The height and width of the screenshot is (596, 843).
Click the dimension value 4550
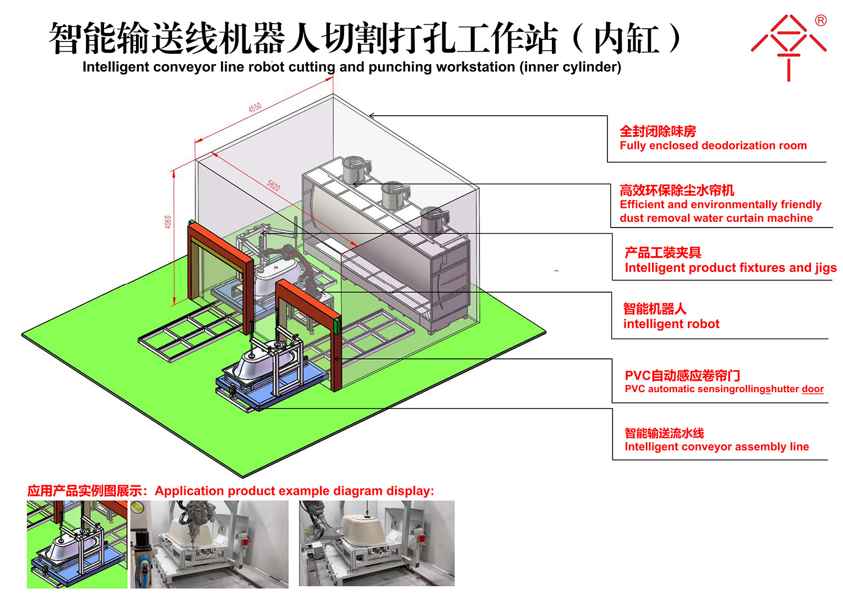(x=255, y=108)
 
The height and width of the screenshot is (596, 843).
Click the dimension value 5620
(x=274, y=185)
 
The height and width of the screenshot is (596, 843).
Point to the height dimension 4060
(x=168, y=222)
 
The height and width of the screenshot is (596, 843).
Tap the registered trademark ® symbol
(x=821, y=20)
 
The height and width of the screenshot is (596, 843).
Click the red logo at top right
(x=789, y=48)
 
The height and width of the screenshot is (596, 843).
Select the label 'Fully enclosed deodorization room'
(x=713, y=145)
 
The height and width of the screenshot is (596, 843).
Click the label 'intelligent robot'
(x=671, y=324)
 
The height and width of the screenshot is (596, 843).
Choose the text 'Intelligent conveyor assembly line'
(x=717, y=446)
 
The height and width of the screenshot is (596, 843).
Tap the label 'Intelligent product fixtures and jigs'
(x=731, y=267)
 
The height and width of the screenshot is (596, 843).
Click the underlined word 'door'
(x=813, y=389)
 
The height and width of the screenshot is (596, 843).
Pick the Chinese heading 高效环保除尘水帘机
(x=677, y=190)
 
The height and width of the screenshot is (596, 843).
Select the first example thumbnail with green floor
(x=77, y=544)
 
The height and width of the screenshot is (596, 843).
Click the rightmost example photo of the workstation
(x=377, y=543)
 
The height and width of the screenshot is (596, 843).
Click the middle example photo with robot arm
(x=209, y=544)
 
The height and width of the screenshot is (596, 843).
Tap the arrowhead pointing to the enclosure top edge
(x=371, y=116)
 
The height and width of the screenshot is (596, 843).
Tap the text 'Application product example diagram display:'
(x=294, y=490)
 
